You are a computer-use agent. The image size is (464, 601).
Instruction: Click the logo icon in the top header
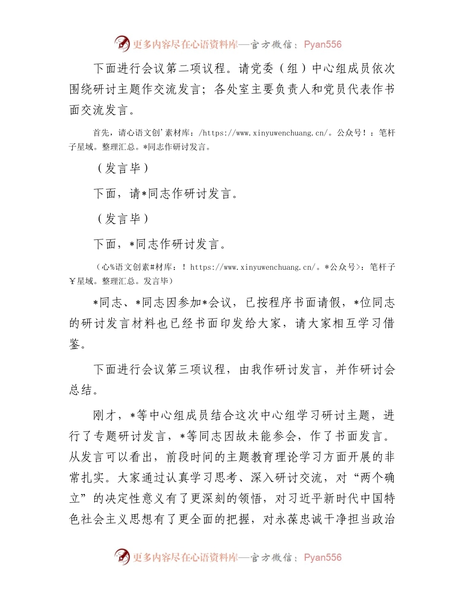(122, 44)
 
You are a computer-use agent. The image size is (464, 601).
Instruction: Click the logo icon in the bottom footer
(122, 557)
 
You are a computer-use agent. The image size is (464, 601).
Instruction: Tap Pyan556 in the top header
(322, 44)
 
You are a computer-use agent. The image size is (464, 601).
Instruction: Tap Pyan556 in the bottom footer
(322, 558)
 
